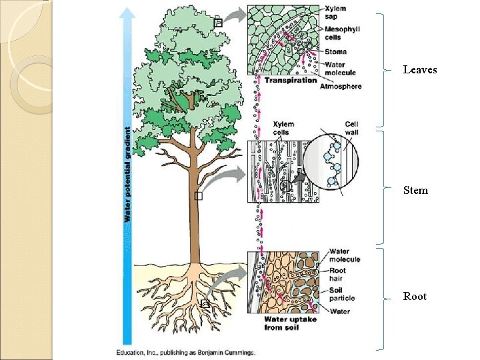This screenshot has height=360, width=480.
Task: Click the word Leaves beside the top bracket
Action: click(420, 69)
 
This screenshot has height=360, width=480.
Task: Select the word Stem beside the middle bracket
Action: click(415, 191)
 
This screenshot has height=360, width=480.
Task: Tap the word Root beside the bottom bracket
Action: click(415, 297)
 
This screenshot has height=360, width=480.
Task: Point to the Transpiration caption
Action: click(291, 81)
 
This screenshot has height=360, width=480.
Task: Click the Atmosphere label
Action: click(341, 87)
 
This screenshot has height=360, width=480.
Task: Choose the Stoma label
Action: click(337, 52)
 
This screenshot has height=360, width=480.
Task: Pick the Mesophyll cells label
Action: click(344, 34)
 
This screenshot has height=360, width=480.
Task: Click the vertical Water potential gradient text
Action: click(127, 175)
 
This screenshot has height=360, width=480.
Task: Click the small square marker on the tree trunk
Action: click(197, 195)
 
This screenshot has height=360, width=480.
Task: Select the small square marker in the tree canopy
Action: click(217, 24)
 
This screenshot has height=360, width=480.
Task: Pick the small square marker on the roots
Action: click(205, 304)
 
